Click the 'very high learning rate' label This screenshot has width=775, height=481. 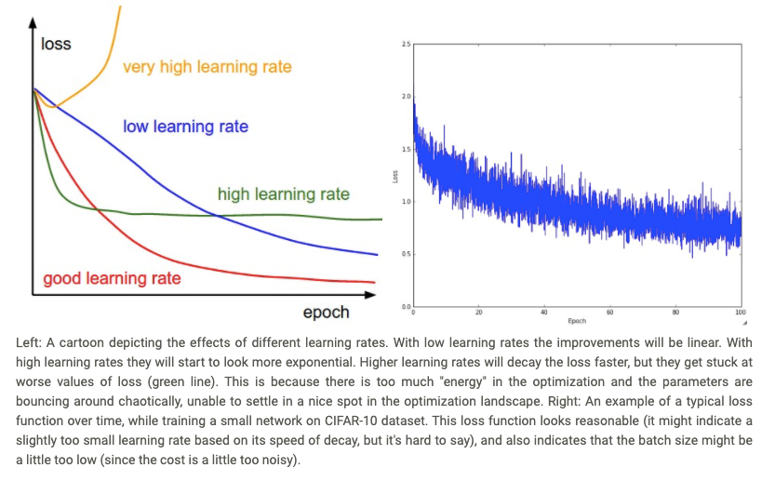207,67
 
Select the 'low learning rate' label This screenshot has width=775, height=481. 185,126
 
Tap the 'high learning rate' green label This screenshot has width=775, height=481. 283,194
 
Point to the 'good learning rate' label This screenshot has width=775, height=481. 112,278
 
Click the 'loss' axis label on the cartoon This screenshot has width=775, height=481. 56,44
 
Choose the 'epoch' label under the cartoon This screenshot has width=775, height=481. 326,312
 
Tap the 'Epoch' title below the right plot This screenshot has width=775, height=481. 576,321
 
